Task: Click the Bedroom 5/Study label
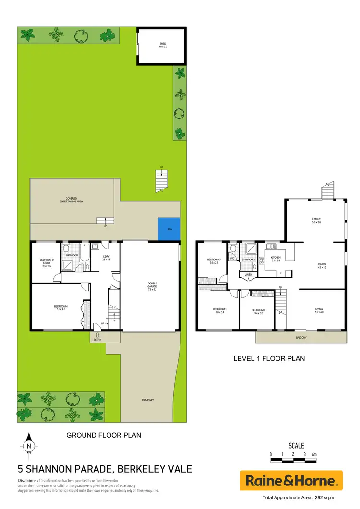click(47, 262)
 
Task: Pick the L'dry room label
click(107, 259)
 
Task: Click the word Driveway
click(148, 400)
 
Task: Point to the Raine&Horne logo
click(291, 480)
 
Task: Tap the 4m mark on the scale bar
click(314, 454)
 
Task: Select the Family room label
click(316, 221)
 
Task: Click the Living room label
click(319, 310)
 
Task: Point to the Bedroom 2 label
click(258, 311)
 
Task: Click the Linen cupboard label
click(248, 275)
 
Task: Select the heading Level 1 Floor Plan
click(269, 358)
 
